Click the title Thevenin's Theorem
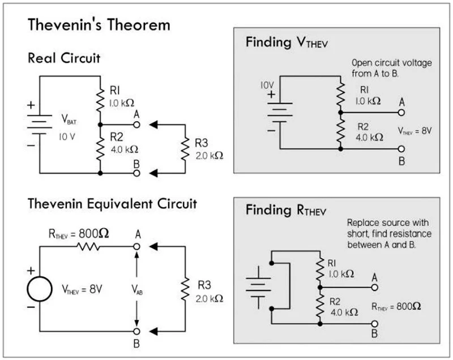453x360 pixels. pyautogui.click(x=99, y=24)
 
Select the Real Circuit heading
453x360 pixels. pyautogui.click(x=64, y=58)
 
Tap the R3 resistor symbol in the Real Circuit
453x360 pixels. pyautogui.click(x=185, y=149)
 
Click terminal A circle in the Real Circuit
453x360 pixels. pyautogui.click(x=136, y=125)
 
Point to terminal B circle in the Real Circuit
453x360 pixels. pyautogui.click(x=136, y=173)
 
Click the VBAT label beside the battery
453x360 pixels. pyautogui.click(x=69, y=119)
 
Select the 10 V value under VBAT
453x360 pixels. pyautogui.click(x=67, y=136)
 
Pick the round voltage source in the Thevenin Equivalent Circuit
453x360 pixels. pyautogui.click(x=40, y=289)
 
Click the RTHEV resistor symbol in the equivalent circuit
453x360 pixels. pyautogui.click(x=88, y=247)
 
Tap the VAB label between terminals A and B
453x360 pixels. pyautogui.click(x=137, y=289)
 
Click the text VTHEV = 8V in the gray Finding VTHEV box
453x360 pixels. pyautogui.click(x=414, y=131)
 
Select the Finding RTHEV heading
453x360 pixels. pyautogui.click(x=286, y=210)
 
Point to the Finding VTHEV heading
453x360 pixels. pyautogui.click(x=287, y=42)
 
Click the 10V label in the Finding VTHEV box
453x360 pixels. pyautogui.click(x=267, y=85)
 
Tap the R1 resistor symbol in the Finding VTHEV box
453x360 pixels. pyautogui.click(x=341, y=95)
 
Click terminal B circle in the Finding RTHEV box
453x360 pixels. pyautogui.click(x=375, y=324)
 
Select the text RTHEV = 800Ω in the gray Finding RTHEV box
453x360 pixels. pyautogui.click(x=396, y=306)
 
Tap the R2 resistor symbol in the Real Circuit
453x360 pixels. pyautogui.click(x=100, y=149)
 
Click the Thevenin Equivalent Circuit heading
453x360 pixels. pyautogui.click(x=112, y=204)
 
